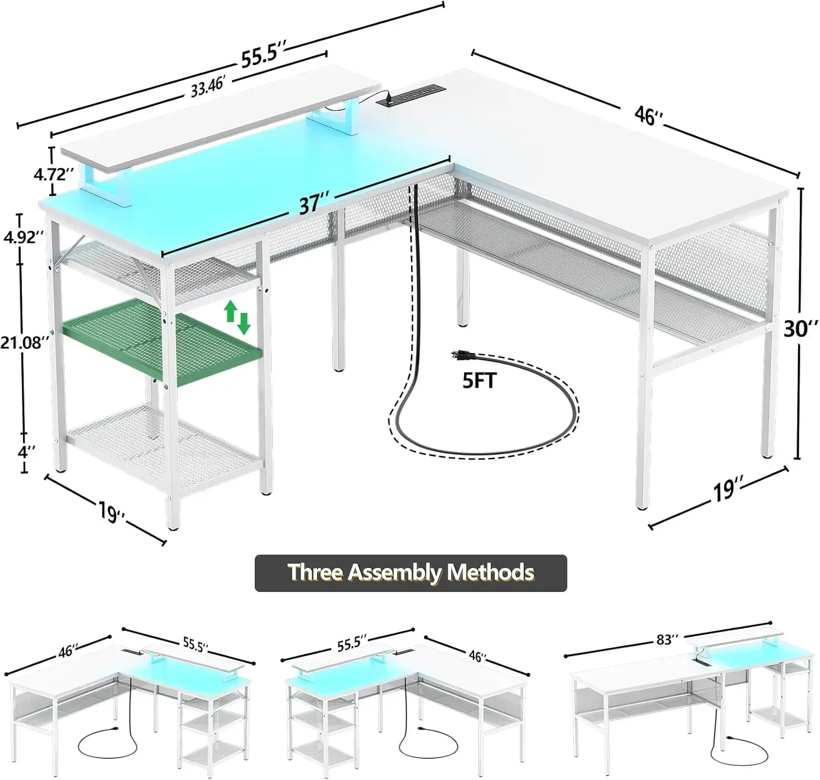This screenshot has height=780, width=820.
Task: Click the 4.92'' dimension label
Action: (x=23, y=238)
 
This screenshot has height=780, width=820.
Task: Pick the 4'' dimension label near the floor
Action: (x=26, y=451)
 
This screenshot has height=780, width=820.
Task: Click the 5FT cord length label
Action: (x=479, y=380)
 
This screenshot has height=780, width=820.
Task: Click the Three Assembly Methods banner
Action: (x=411, y=573)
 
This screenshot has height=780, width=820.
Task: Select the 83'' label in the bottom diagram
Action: (x=666, y=640)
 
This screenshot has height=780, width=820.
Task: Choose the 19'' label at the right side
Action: (x=725, y=489)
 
